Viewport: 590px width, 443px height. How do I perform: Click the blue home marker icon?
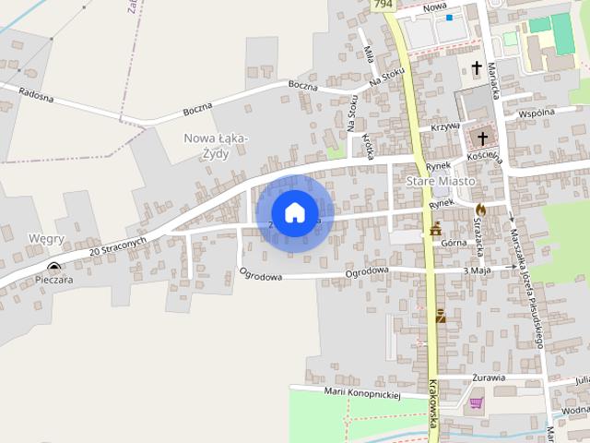click(x=294, y=212)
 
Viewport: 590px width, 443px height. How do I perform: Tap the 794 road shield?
click(x=383, y=6)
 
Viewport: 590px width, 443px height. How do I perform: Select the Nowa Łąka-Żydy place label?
click(x=215, y=146)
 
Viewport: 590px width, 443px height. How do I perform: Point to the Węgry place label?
click(x=46, y=239)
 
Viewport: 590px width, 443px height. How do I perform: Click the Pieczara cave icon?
click(x=53, y=267)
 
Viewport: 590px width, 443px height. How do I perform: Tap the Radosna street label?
click(x=36, y=93)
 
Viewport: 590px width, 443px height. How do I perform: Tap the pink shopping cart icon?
click(x=476, y=402)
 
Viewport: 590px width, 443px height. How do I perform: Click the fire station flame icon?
click(x=480, y=210)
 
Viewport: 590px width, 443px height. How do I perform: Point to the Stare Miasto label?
click(x=441, y=182)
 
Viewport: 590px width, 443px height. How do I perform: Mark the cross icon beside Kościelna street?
click(x=480, y=138)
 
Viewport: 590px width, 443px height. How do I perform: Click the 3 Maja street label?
click(x=478, y=270)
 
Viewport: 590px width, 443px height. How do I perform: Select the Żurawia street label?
click(x=486, y=377)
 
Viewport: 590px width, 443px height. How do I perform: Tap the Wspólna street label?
click(x=537, y=113)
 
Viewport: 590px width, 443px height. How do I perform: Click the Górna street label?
click(x=453, y=243)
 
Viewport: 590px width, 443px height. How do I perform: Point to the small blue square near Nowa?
click(x=449, y=18)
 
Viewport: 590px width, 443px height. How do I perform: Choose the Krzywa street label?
click(x=445, y=127)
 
